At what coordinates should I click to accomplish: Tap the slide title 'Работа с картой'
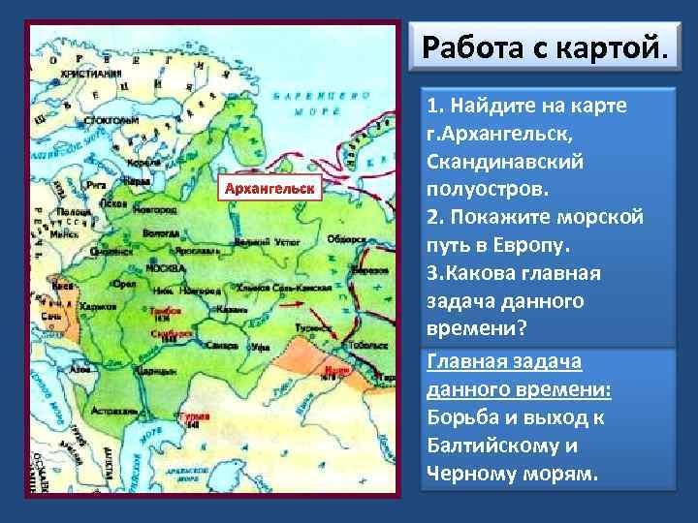(546, 46)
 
